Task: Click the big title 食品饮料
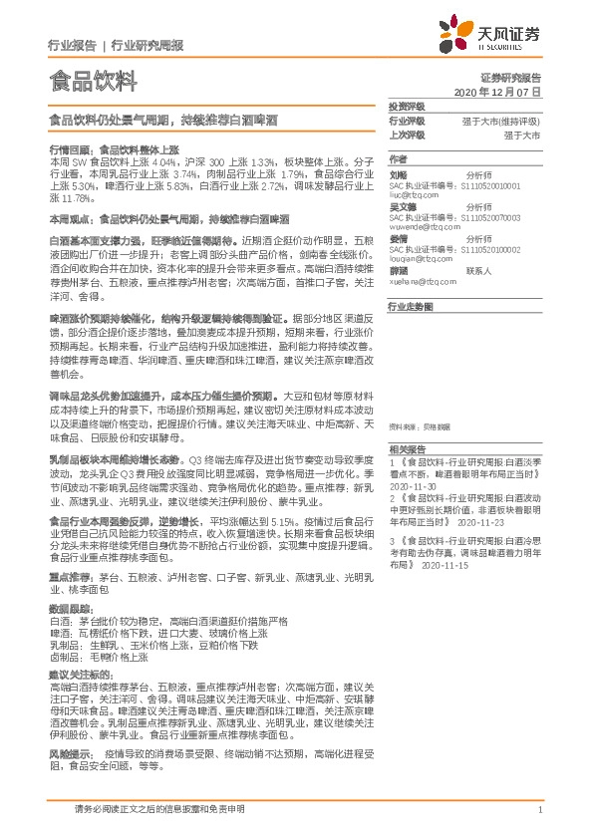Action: (x=87, y=79)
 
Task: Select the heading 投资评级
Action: (x=407, y=105)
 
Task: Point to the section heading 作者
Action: (x=399, y=158)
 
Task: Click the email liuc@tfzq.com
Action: (x=412, y=195)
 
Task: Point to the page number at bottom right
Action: (x=539, y=810)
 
